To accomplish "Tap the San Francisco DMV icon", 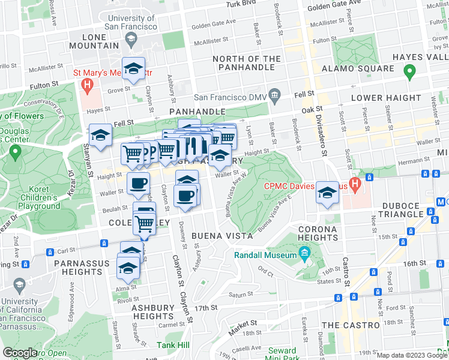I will [275, 95].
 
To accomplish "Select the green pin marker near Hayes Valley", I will [409, 74].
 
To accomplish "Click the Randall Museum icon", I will [305, 255].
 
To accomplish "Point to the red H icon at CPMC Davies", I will [355, 182].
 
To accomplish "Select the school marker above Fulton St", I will [133, 68].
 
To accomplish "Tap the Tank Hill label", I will [173, 345].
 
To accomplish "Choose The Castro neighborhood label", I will [350, 325].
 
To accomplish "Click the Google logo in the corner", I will [20, 353].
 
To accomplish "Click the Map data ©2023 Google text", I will [411, 355].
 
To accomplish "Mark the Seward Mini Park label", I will [282, 354].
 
